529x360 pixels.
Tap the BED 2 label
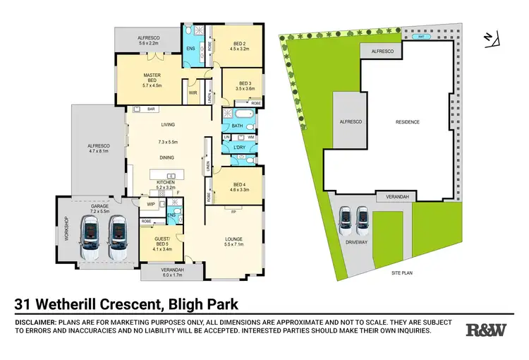[241, 46]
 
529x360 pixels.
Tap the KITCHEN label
[165, 183]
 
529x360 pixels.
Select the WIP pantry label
[150, 205]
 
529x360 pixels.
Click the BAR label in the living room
[150, 109]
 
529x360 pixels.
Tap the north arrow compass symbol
[491, 40]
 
